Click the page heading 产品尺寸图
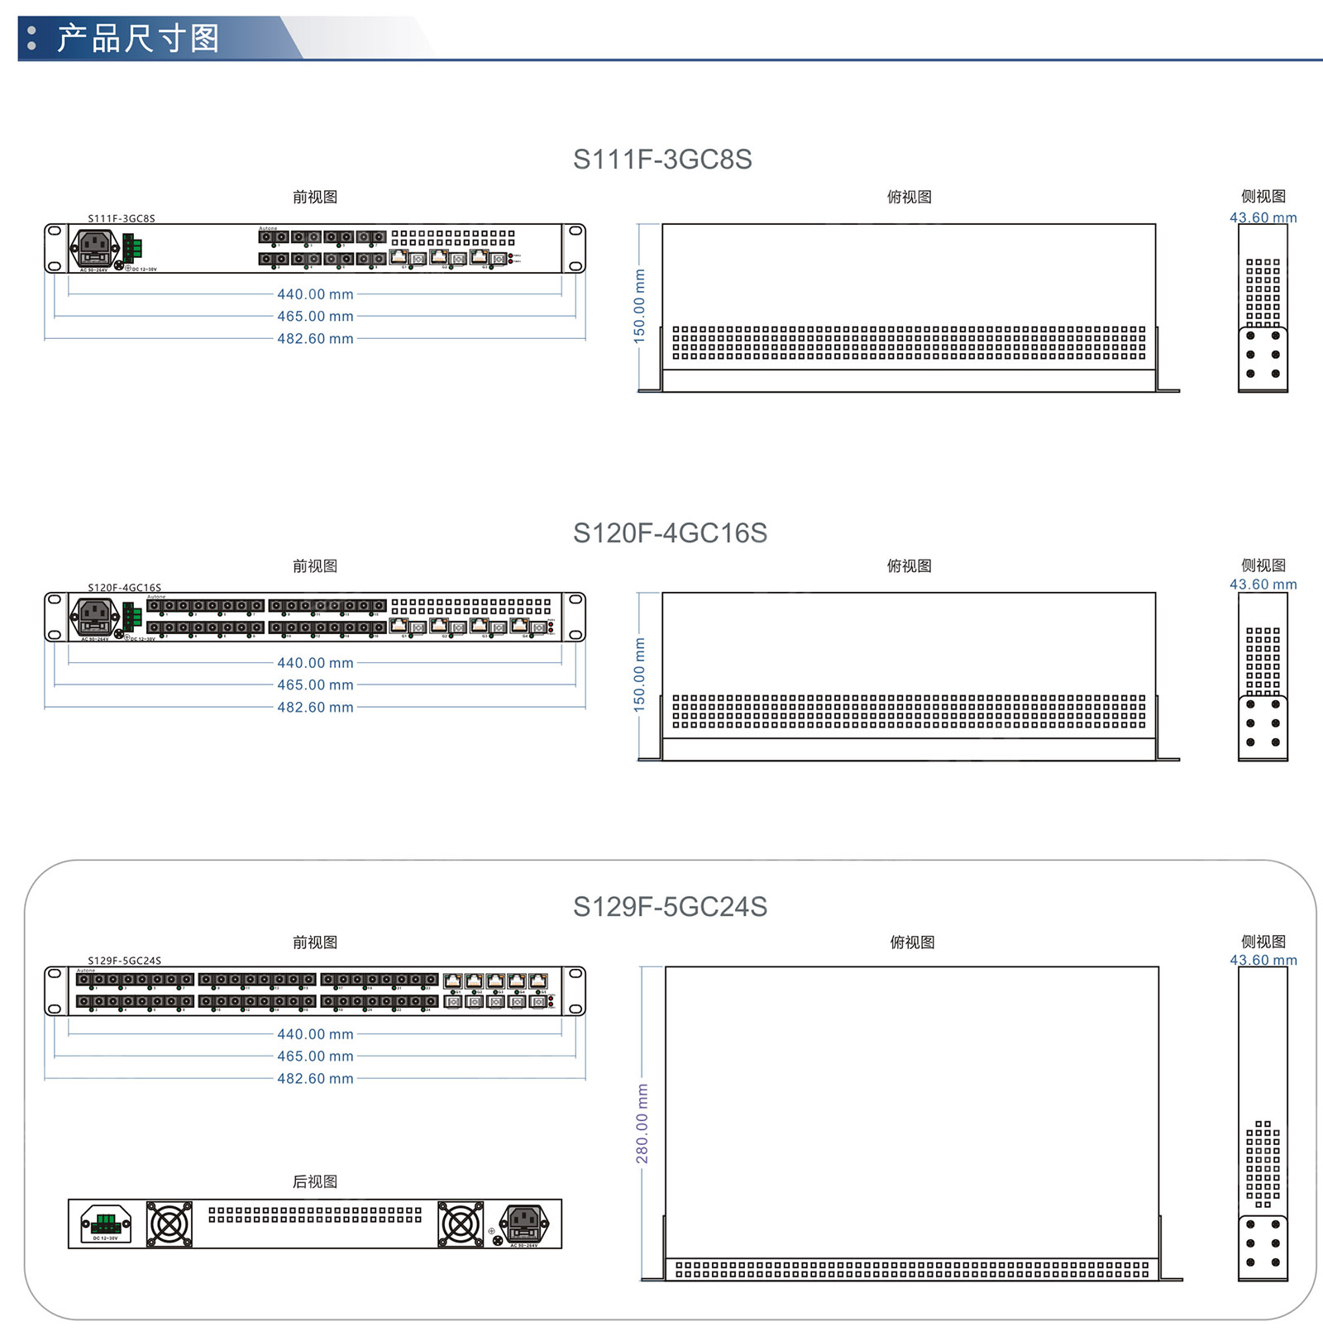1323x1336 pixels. (138, 38)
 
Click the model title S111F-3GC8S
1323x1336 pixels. (662, 159)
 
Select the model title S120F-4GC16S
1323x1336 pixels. (670, 532)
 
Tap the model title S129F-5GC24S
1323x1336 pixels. (670, 906)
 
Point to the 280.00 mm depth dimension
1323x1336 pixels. (642, 1124)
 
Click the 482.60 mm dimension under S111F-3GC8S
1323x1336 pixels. (315, 338)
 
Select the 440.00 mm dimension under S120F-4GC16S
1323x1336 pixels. (315, 662)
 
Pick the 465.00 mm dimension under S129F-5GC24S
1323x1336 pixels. (315, 1056)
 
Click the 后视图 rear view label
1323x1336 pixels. (315, 1181)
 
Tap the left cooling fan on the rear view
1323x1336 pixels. (170, 1224)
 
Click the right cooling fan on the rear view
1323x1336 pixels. (461, 1224)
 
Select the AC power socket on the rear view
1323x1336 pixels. (525, 1223)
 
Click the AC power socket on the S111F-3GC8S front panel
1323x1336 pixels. (95, 247)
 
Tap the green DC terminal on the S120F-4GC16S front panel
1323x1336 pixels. (132, 617)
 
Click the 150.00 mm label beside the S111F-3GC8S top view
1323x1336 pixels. (639, 306)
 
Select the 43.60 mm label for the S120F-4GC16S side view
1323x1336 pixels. (1263, 584)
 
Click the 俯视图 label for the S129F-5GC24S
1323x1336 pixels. (912, 942)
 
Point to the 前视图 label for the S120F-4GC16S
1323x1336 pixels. (315, 565)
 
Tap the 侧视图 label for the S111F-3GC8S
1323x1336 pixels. (1263, 196)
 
